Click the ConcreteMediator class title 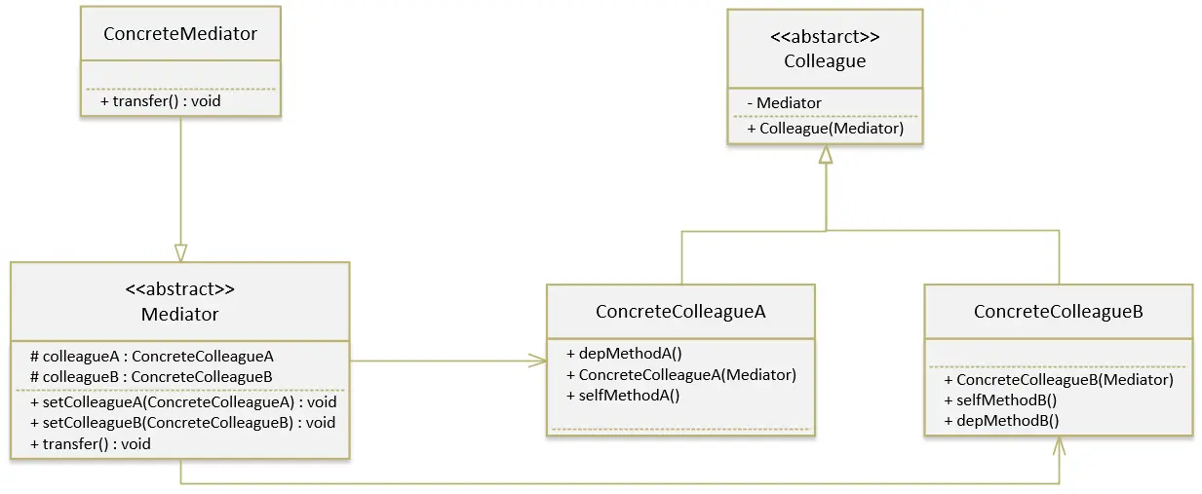180,34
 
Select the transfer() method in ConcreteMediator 153,101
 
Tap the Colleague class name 825,61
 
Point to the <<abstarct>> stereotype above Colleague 825,39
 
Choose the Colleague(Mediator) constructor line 825,128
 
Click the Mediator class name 180,314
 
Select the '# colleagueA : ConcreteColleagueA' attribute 151,357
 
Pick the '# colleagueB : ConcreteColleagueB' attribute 151,376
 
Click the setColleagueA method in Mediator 183,401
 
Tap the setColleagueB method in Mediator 183,423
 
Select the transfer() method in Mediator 91,443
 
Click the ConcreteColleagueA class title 680,312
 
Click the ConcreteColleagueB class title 1058,312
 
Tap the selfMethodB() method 1000,399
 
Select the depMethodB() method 1001,420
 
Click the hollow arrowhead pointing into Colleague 826,155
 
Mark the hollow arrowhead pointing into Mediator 180,252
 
